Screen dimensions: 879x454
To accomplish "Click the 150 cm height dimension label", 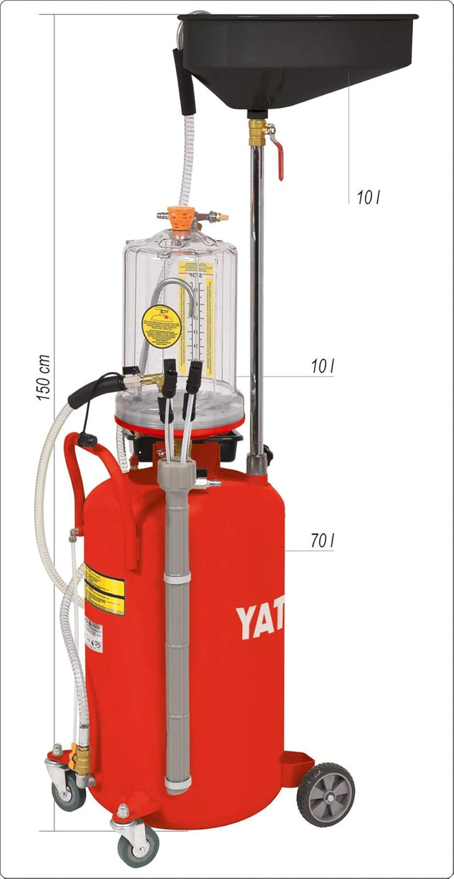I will [43, 378].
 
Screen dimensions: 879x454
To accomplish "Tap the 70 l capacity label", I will [322, 540].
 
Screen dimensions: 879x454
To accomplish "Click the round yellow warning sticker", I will [161, 326].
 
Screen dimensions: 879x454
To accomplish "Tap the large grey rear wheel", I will [325, 794].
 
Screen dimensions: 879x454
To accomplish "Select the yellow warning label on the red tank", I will [104, 590].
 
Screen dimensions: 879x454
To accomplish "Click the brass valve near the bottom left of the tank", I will [81, 759].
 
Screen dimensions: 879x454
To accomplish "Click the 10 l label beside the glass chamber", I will [322, 366].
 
